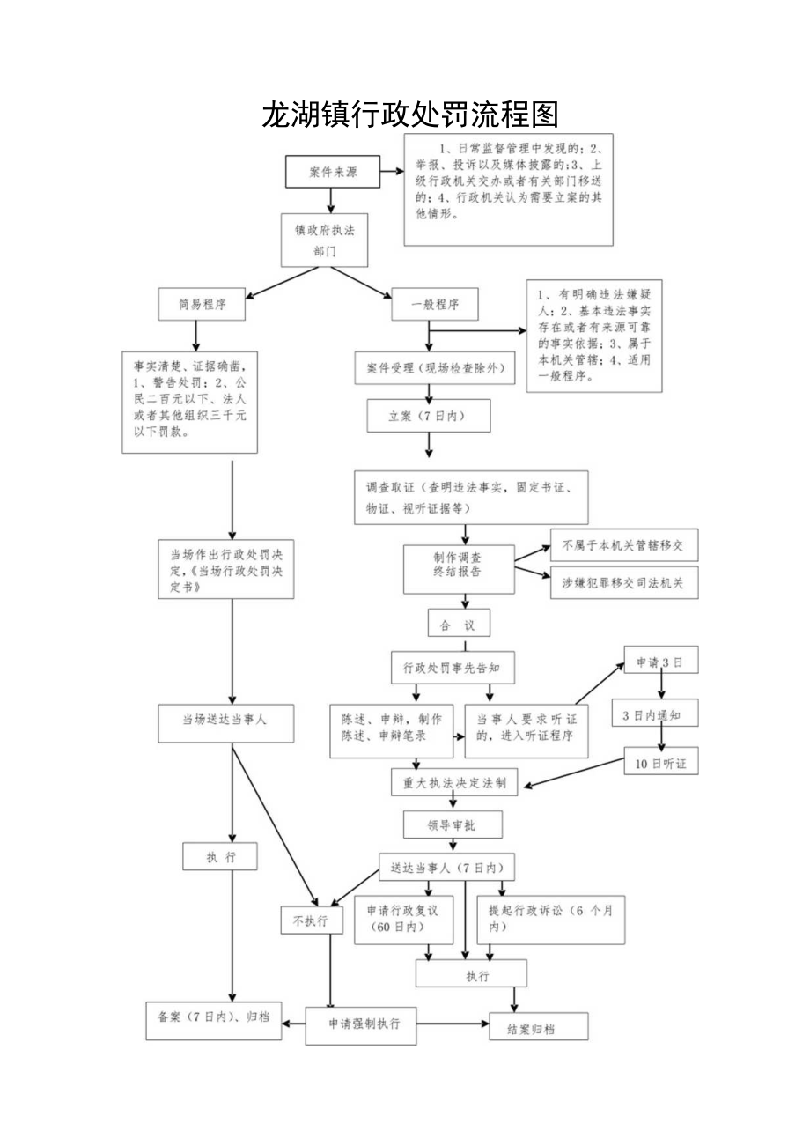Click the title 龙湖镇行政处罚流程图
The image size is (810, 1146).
pyautogui.click(x=410, y=115)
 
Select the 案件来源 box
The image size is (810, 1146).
pyautogui.click(x=332, y=173)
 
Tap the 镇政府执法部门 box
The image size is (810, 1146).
pyautogui.click(x=324, y=240)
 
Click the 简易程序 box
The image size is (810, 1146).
pyautogui.click(x=202, y=305)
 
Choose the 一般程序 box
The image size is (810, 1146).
pyautogui.click(x=435, y=305)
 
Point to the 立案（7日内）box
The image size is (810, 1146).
pyautogui.click(x=429, y=417)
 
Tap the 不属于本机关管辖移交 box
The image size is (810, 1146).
pyautogui.click(x=623, y=545)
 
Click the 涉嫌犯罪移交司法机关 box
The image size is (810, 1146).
pyautogui.click(x=623, y=582)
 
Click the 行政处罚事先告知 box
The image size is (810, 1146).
pyautogui.click(x=453, y=668)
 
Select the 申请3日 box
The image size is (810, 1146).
pyautogui.click(x=661, y=661)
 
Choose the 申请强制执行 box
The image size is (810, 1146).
pyautogui.click(x=361, y=1024)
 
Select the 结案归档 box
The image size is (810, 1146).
pyautogui.click(x=538, y=1027)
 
